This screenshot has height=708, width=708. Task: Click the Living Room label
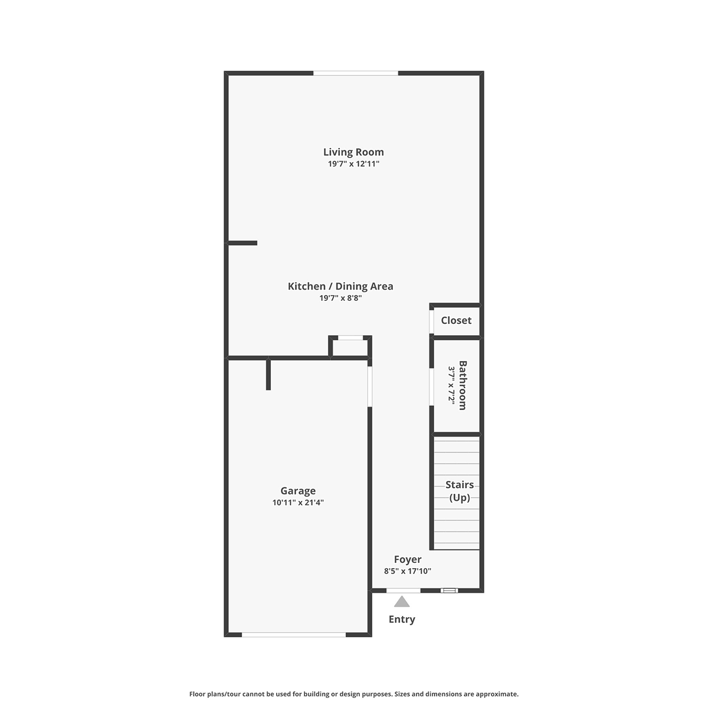(x=353, y=152)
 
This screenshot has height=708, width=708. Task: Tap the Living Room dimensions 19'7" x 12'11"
(x=353, y=164)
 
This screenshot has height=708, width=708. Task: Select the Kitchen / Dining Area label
(x=340, y=286)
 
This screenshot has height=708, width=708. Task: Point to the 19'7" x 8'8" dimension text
(x=340, y=298)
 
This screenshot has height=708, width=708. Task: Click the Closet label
(x=456, y=320)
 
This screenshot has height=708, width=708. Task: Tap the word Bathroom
(x=463, y=385)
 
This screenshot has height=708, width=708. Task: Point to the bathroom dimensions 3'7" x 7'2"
(x=451, y=385)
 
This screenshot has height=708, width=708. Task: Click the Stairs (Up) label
(x=459, y=491)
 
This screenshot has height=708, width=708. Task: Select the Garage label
(x=298, y=491)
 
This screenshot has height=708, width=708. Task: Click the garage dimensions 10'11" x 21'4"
(x=298, y=503)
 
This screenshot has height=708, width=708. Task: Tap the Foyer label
(x=408, y=559)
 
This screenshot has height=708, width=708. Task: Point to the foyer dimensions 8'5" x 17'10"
(x=408, y=571)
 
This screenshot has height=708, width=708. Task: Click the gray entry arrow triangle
(x=402, y=601)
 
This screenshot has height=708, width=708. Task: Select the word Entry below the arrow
(x=402, y=619)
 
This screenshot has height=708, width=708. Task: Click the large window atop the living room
(x=356, y=74)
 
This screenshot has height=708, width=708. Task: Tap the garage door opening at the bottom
(x=294, y=634)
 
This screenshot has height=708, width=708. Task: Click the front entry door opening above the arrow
(x=403, y=591)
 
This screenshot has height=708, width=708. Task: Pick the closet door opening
(x=432, y=322)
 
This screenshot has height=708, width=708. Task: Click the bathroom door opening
(x=432, y=387)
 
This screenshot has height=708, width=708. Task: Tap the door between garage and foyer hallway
(x=370, y=386)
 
